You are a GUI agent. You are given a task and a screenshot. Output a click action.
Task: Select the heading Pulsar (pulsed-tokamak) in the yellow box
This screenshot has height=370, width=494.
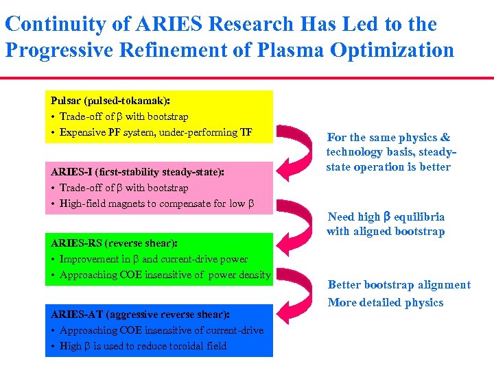[110, 101]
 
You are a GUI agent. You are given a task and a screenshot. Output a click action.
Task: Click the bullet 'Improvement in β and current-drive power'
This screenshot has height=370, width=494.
[154, 259]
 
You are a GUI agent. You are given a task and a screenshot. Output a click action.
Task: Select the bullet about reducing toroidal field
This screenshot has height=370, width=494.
[143, 346]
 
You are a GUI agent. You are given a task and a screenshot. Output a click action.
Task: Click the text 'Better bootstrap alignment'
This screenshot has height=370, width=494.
[399, 285]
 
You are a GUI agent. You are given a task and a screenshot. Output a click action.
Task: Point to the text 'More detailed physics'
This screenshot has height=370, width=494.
[386, 303]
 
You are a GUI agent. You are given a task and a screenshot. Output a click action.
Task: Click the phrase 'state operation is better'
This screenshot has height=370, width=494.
[388, 167]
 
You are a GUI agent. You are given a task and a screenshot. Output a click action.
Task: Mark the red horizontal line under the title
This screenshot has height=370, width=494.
[247, 78]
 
